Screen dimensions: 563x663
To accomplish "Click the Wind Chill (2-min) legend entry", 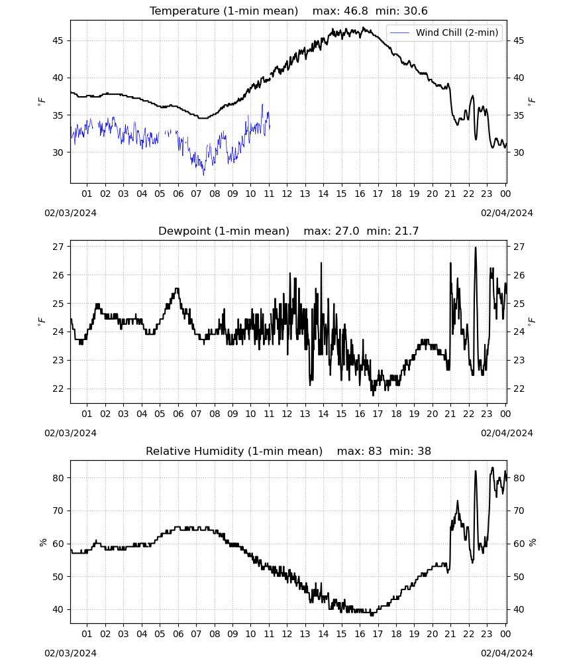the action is (444, 32).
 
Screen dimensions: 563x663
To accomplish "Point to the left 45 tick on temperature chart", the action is (58, 40).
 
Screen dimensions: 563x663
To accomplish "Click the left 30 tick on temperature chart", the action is (58, 152).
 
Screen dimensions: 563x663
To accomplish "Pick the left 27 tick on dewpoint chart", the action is (58, 247).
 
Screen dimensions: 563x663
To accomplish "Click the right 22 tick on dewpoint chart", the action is (519, 389).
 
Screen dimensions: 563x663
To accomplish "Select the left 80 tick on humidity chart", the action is (58, 478).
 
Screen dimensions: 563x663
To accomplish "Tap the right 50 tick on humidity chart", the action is (519, 577).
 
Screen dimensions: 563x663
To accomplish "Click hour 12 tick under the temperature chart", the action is (287, 194).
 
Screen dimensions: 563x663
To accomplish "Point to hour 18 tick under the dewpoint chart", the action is (396, 414).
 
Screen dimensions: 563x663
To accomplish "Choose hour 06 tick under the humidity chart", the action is (178, 634).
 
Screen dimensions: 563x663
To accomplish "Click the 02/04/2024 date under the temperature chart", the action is (507, 213).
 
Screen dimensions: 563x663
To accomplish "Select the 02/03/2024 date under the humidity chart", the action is (70, 653).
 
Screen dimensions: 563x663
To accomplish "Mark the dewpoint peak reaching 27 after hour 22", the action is (476, 248).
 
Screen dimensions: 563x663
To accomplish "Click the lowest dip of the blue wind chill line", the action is (203, 174).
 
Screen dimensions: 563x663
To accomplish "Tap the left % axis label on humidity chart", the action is (42, 542).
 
